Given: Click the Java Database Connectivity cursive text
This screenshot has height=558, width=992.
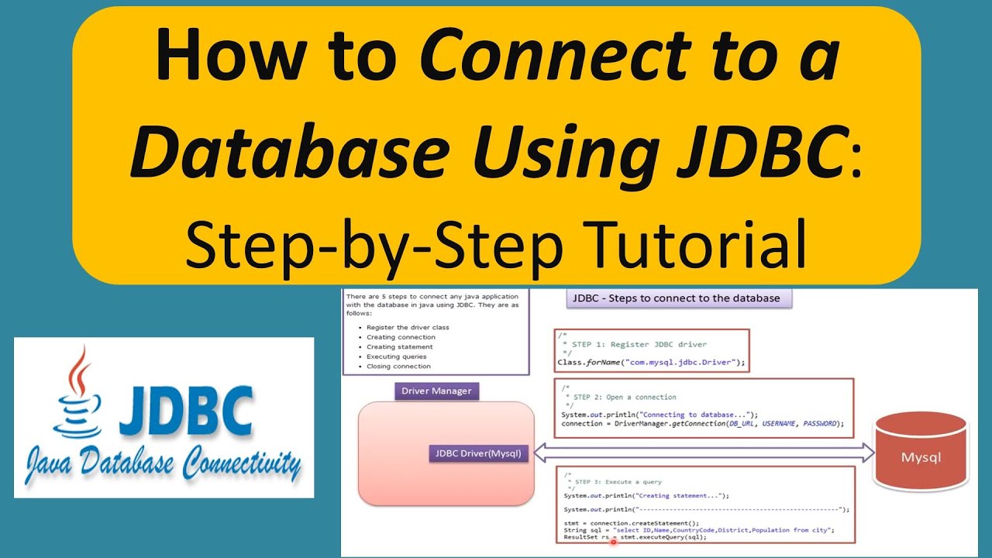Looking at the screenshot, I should click(163, 464).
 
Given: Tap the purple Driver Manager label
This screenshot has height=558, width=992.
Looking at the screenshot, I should click(436, 391).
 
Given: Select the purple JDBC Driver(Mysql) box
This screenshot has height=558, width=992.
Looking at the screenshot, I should click(478, 453).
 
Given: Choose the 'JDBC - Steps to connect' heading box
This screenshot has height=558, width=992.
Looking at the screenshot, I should click(679, 298).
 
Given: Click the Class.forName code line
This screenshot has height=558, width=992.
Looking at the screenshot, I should click(651, 362).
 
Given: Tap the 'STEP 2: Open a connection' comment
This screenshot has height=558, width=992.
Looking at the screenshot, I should click(620, 397).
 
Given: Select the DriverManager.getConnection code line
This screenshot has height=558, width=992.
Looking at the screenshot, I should click(702, 424).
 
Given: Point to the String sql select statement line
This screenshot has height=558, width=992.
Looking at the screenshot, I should click(697, 529).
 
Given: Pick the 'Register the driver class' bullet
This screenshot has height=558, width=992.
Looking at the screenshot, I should click(408, 327).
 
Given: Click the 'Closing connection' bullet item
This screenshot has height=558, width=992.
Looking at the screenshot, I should click(398, 366).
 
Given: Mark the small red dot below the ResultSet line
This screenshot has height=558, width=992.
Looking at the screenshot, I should click(613, 542).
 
